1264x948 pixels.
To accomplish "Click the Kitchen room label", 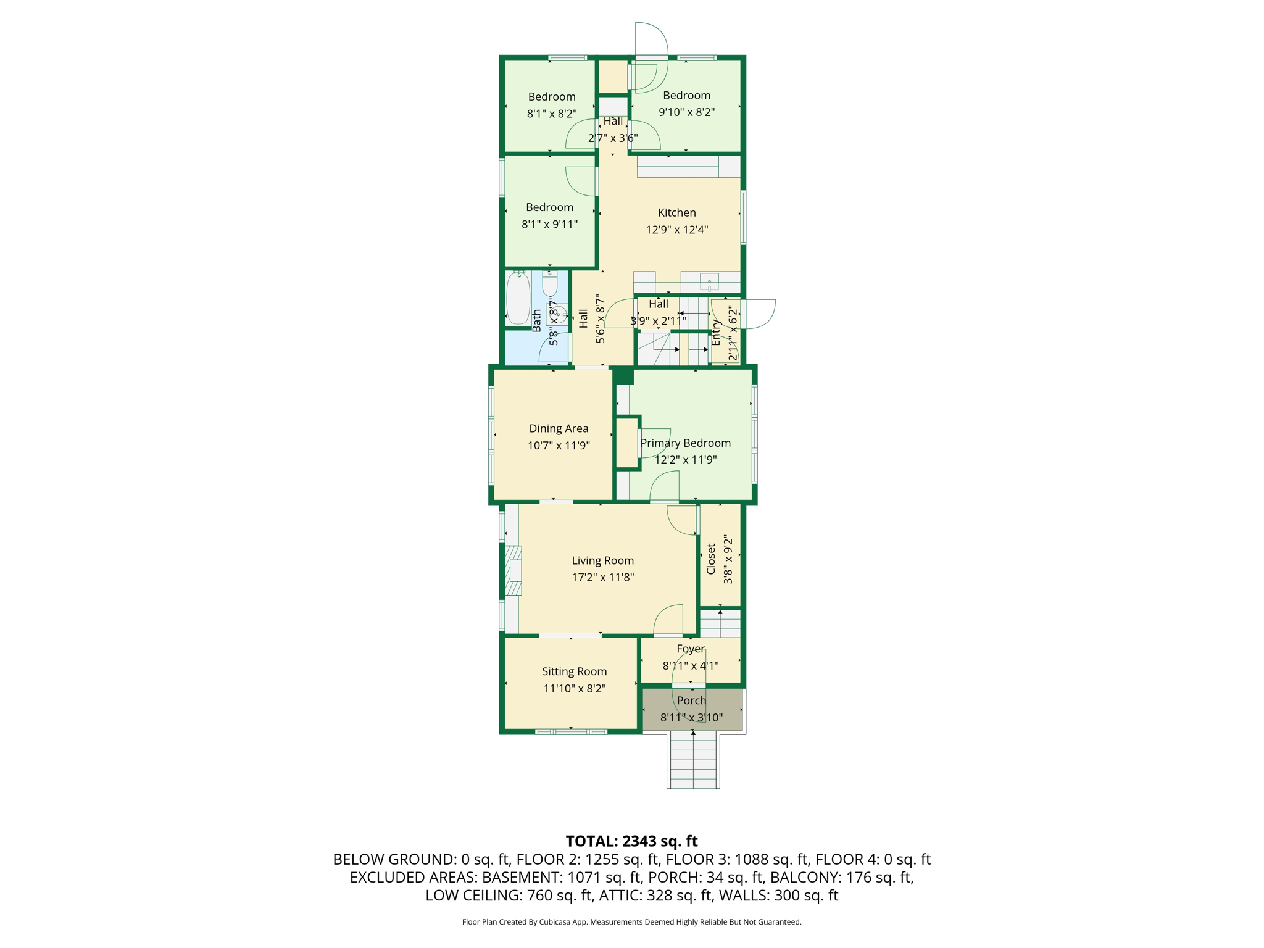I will pyautogui.click(x=676, y=213).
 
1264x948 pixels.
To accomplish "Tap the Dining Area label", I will pyautogui.click(x=559, y=428).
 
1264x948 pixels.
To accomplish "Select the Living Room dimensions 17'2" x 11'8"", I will pyautogui.click(x=602, y=578).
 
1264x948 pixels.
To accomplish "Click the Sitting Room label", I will pyautogui.click(x=574, y=671).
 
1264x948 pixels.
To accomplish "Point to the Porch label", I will pyautogui.click(x=691, y=701).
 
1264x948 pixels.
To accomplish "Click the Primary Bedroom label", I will pyautogui.click(x=685, y=443).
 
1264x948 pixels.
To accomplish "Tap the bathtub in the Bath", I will pyautogui.click(x=518, y=299).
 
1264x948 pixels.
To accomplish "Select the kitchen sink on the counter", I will pyautogui.click(x=709, y=282).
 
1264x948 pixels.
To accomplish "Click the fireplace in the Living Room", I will pyautogui.click(x=513, y=570).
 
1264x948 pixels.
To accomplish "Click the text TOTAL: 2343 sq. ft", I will pyautogui.click(x=631, y=841).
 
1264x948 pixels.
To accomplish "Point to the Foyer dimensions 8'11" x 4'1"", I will pyautogui.click(x=691, y=666).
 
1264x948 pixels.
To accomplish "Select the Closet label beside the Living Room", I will pyautogui.click(x=711, y=559).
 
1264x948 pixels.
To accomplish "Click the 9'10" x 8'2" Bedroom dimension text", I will pyautogui.click(x=686, y=112).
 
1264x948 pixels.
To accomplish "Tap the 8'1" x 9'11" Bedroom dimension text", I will pyautogui.click(x=549, y=225).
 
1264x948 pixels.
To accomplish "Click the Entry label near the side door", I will pyautogui.click(x=716, y=333).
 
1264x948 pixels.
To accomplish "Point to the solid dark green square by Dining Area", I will pyautogui.click(x=623, y=376).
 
